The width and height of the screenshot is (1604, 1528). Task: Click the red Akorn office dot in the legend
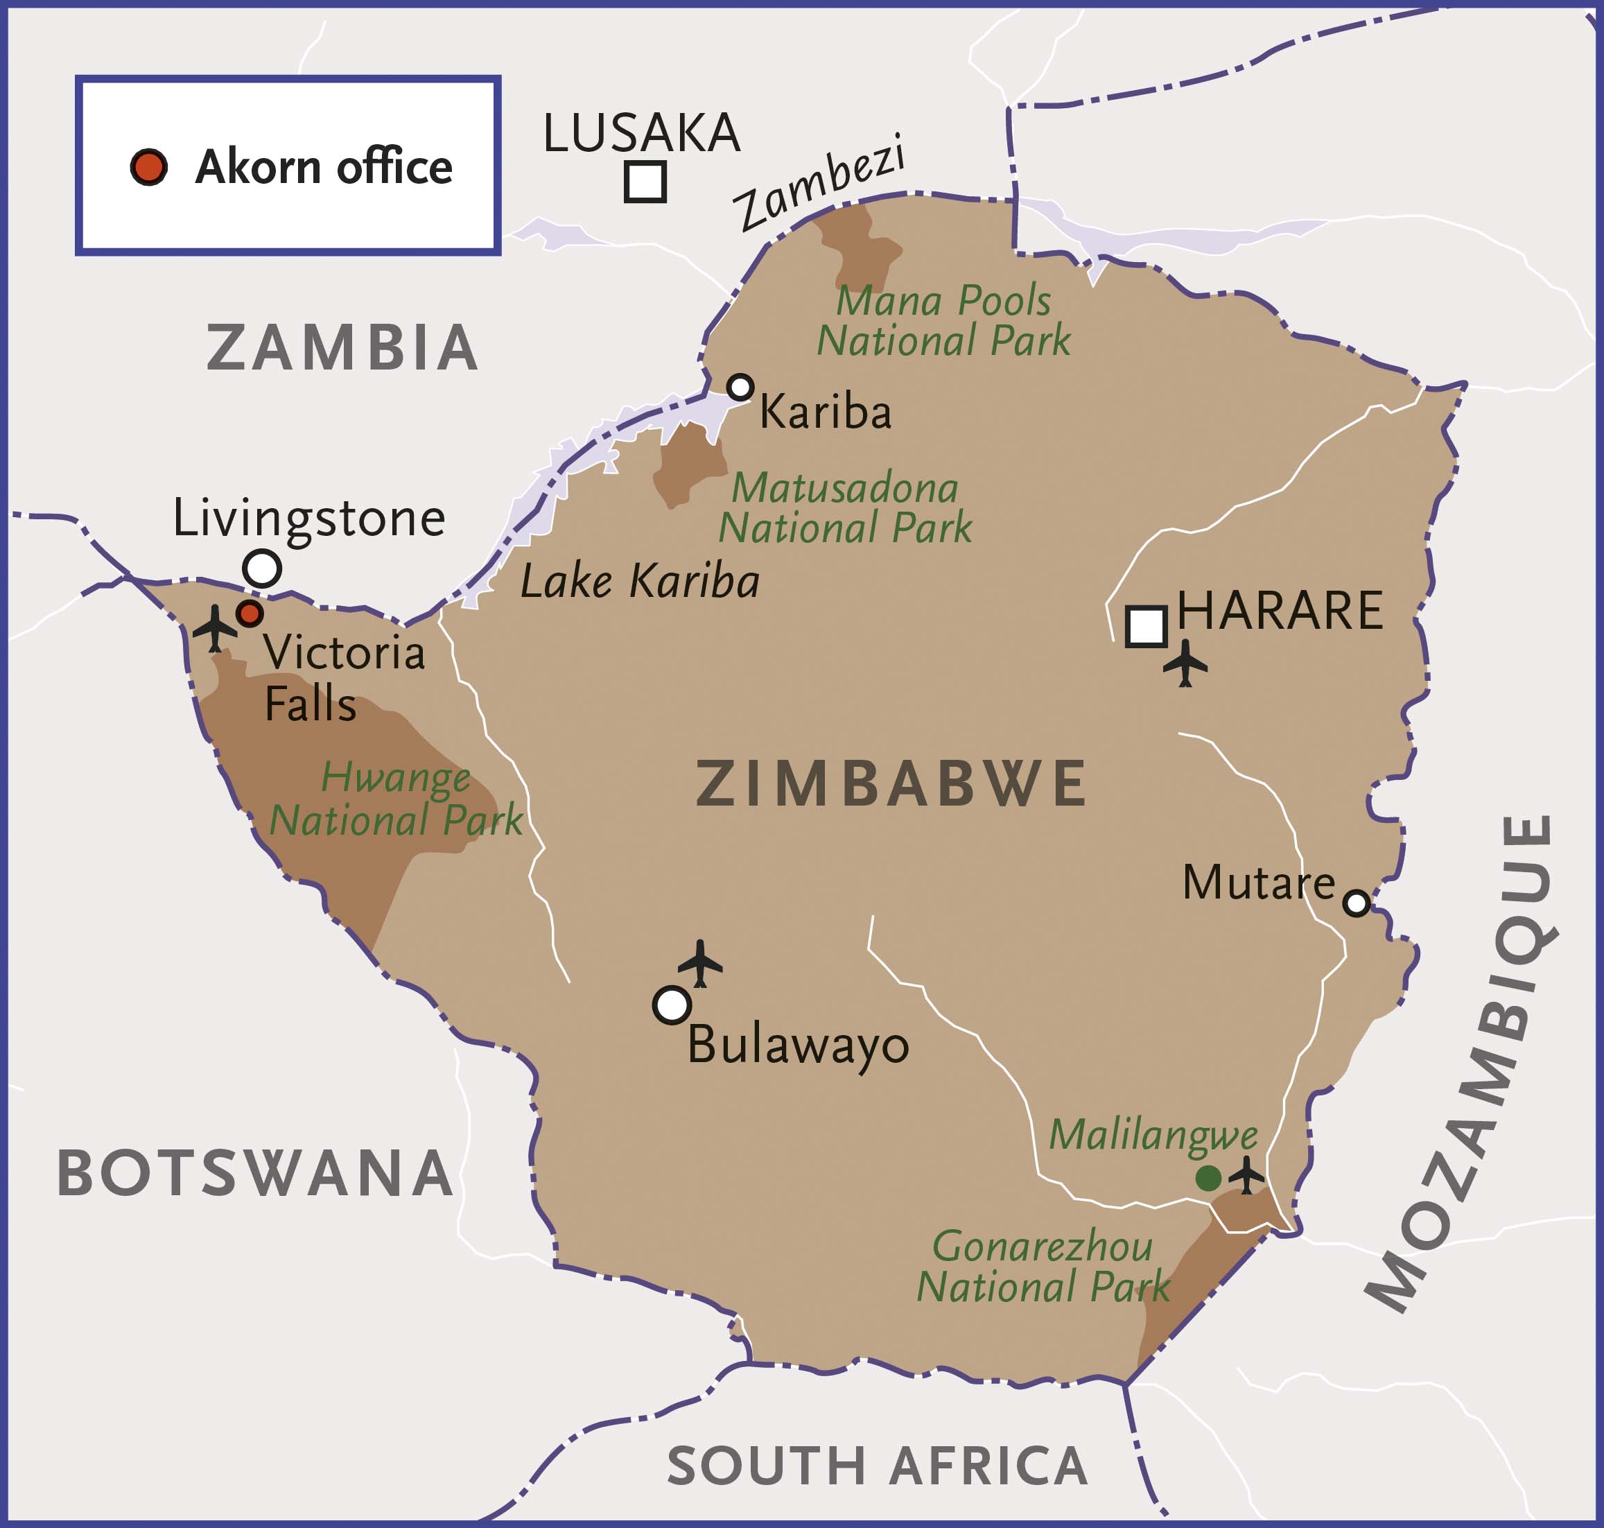(149, 167)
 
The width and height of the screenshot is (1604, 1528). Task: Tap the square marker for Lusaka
(645, 182)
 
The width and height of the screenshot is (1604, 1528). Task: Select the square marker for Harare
(1147, 626)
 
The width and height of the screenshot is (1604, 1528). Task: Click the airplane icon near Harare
(1185, 663)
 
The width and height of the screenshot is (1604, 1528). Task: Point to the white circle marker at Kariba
(740, 387)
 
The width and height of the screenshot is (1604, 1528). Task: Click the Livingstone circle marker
(262, 568)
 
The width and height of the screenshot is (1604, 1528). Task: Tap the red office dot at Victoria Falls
(249, 614)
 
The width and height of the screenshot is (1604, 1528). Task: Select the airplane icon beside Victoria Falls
(215, 627)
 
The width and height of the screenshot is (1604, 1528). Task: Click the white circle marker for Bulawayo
(672, 1005)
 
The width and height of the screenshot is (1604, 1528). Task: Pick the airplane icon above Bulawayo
(700, 963)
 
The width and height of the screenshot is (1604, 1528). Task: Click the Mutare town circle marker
(1357, 903)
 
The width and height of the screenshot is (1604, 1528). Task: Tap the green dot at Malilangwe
(1208, 1178)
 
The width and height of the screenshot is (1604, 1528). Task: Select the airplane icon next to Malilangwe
(1246, 1175)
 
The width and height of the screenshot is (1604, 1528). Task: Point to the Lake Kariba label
(640, 582)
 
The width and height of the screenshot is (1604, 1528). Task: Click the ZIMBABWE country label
(891, 783)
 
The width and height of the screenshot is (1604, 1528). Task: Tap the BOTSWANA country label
(255, 1174)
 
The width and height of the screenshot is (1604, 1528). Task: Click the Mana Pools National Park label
(943, 321)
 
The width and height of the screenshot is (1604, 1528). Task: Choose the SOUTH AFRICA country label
(877, 1466)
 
